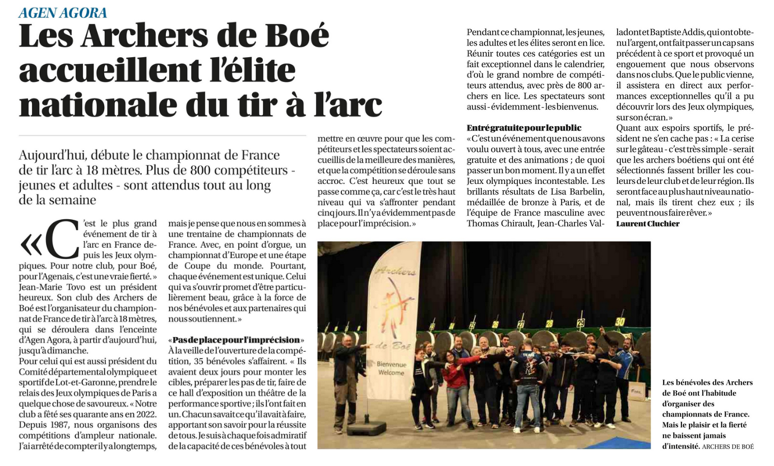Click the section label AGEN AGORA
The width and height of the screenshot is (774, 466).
(63, 12)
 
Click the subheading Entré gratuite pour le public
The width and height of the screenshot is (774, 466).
(524, 127)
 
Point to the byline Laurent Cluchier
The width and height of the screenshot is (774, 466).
(647, 224)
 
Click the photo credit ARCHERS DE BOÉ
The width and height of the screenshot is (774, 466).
(727, 446)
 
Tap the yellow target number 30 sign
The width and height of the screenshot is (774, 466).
(619, 321)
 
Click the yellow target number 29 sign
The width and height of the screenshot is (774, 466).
(581, 322)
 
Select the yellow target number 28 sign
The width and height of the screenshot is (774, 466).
(549, 324)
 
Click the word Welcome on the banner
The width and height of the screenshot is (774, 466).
(391, 372)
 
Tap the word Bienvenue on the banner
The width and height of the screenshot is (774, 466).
(392, 364)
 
